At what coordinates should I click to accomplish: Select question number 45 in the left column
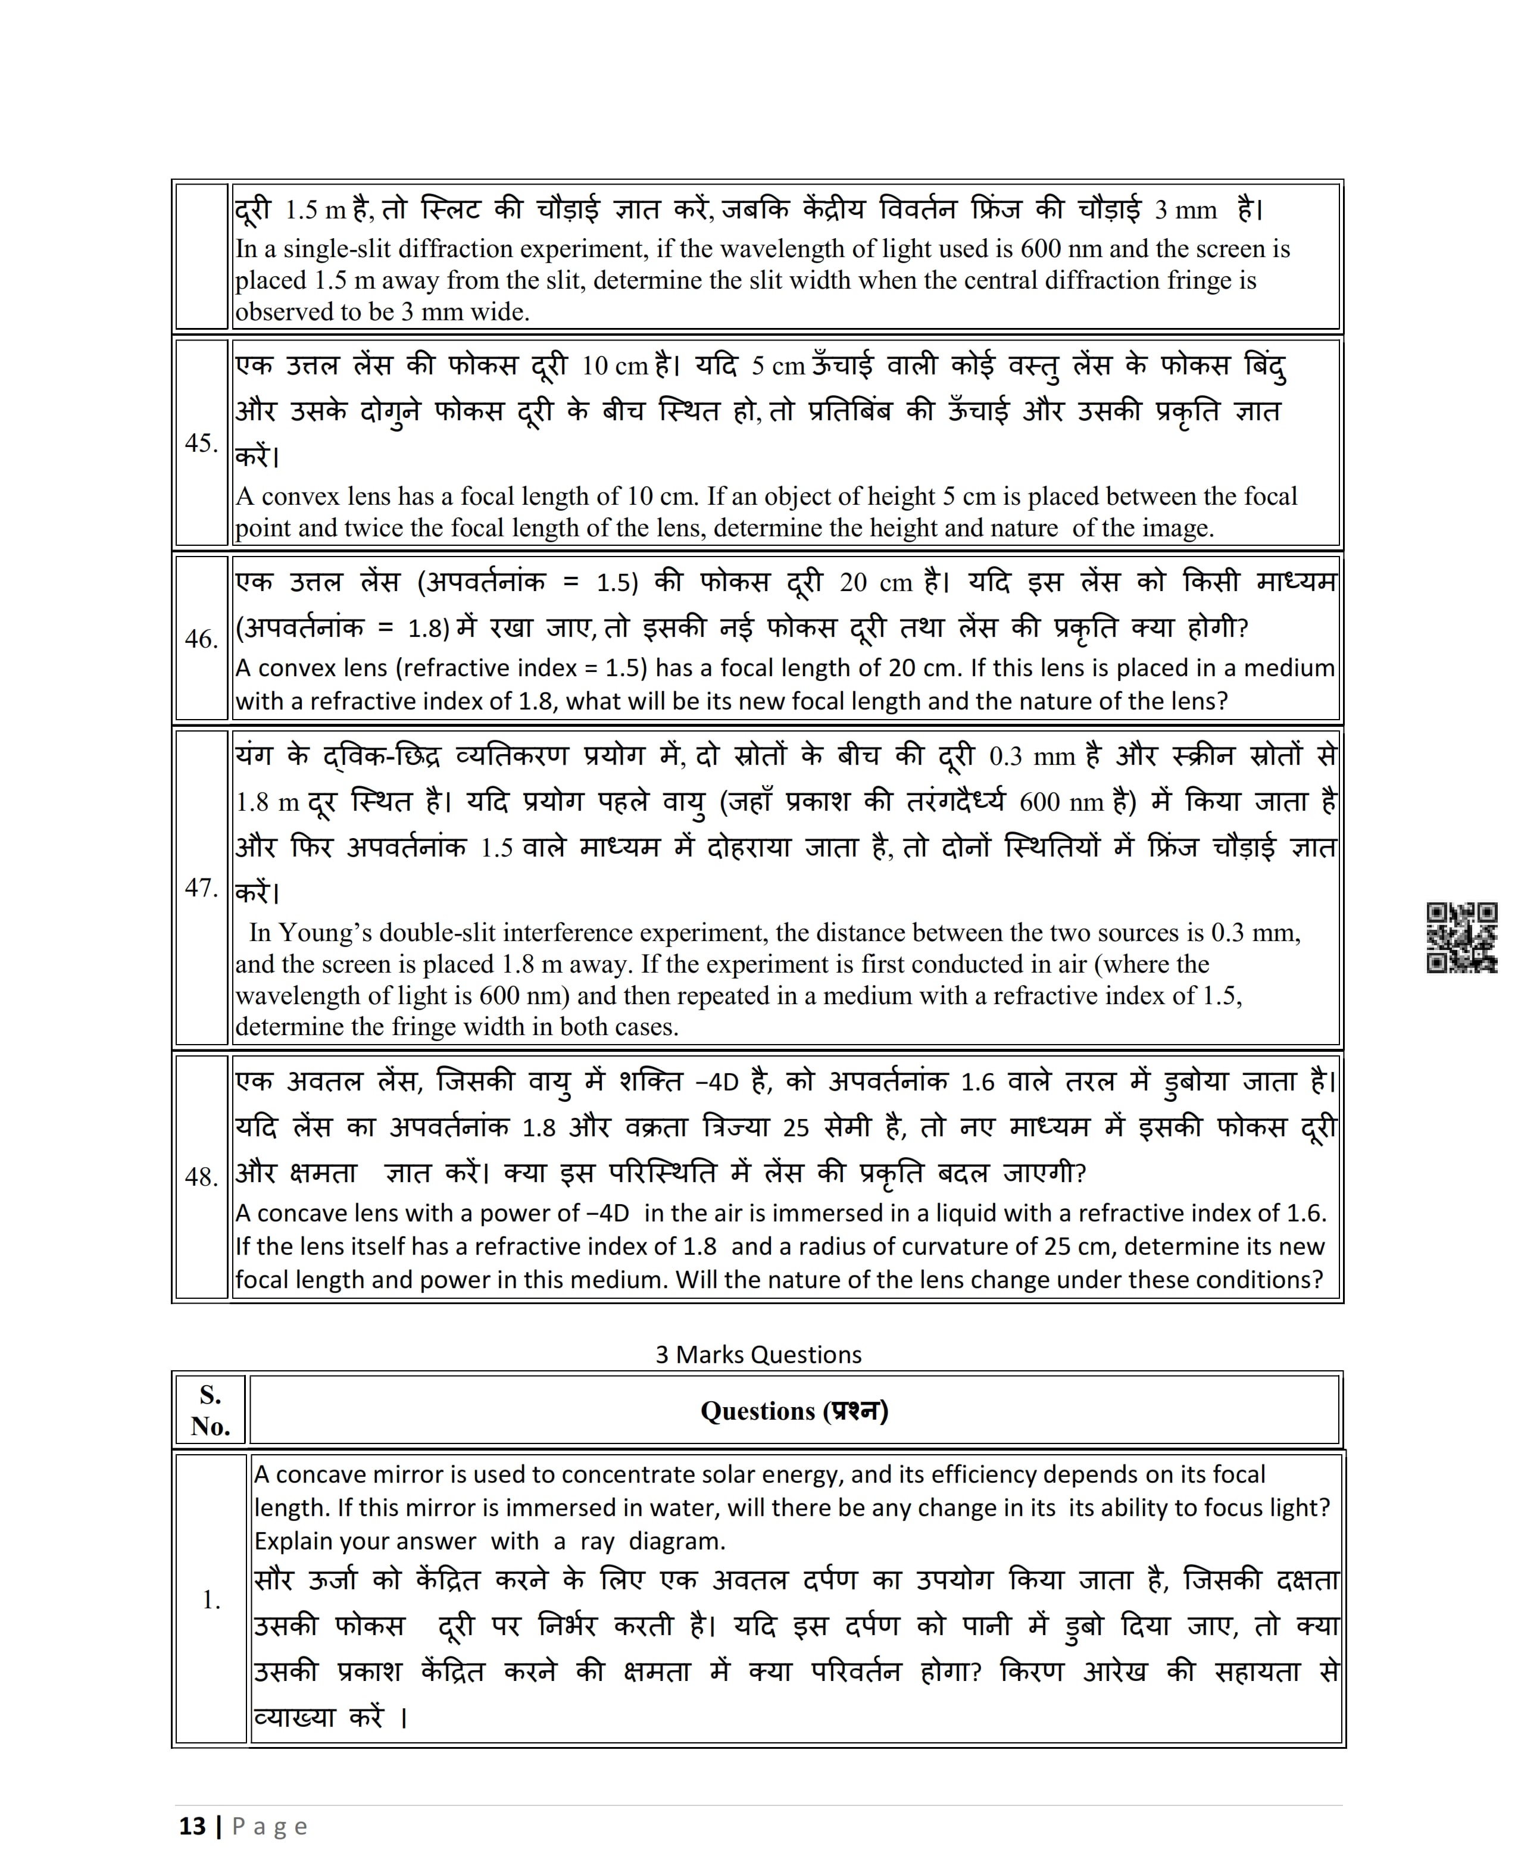(201, 443)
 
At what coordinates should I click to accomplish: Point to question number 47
(201, 888)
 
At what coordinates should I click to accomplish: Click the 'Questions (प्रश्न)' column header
(794, 1412)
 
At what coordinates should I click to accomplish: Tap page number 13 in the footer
(192, 1826)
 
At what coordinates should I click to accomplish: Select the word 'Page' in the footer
(270, 1827)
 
